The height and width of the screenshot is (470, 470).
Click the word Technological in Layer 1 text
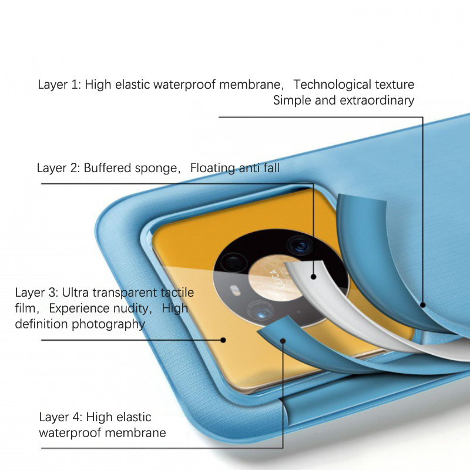click(x=337, y=85)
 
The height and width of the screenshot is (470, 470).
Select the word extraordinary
click(x=377, y=100)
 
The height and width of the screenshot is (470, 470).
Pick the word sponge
click(x=156, y=169)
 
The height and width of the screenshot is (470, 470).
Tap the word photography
click(x=109, y=324)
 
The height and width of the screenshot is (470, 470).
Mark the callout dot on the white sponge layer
click(x=314, y=277)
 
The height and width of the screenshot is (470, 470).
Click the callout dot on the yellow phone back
click(x=223, y=339)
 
